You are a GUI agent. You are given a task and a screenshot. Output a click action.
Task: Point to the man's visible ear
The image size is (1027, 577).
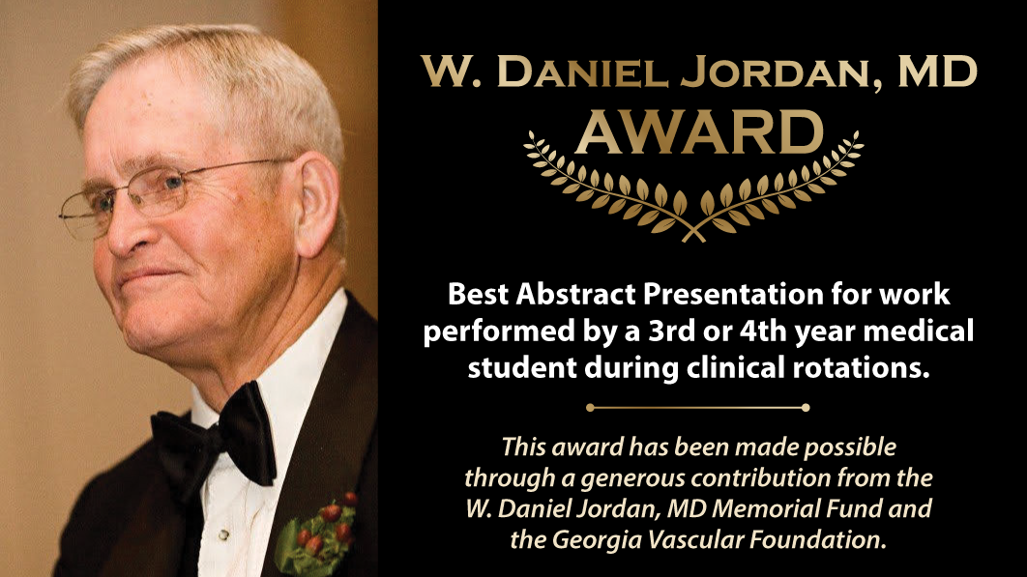click(316, 204)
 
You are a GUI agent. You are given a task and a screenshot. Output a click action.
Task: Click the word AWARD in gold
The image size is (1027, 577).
click(699, 132)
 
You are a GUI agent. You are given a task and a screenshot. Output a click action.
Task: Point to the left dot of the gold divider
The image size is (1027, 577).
click(590, 407)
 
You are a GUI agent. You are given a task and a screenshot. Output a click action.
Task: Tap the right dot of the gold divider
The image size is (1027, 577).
click(806, 407)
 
